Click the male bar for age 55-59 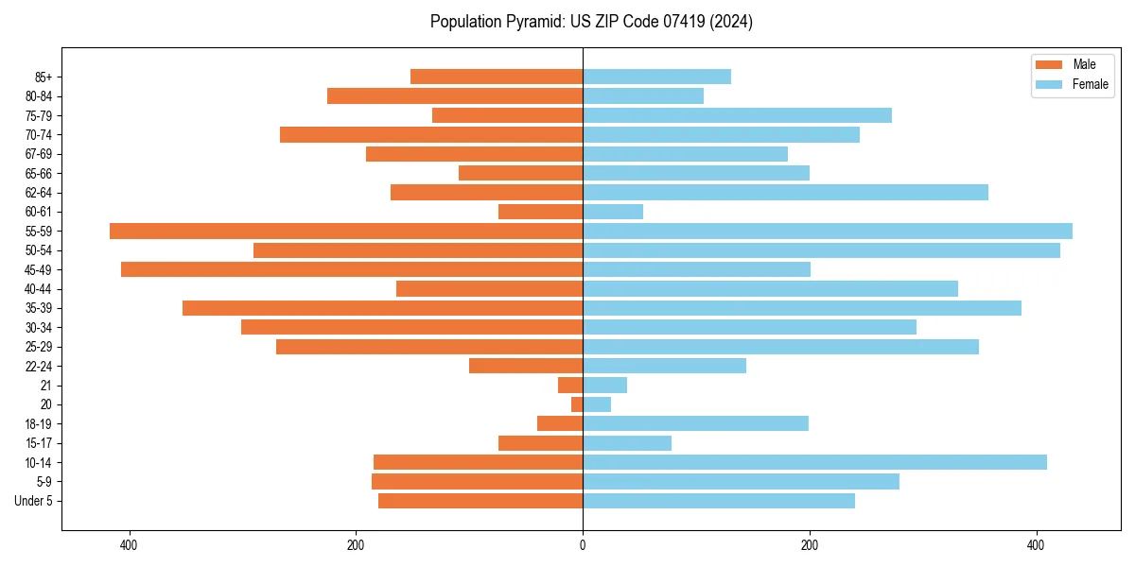pyautogui.click(x=346, y=231)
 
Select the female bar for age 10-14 pyautogui.click(x=814, y=462)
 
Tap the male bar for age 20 pyautogui.click(x=577, y=404)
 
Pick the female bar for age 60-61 pyautogui.click(x=613, y=212)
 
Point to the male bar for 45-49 pyautogui.click(x=352, y=269)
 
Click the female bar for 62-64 pyautogui.click(x=785, y=192)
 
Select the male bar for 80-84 pyautogui.click(x=455, y=95)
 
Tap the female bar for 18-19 pyautogui.click(x=695, y=423)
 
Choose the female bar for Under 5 pyautogui.click(x=719, y=501)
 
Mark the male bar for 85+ pyautogui.click(x=497, y=77)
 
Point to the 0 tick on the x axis pyautogui.click(x=583, y=545)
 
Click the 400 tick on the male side pyautogui.click(x=129, y=545)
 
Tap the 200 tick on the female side pyautogui.click(x=809, y=545)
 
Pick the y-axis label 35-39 pyautogui.click(x=39, y=308)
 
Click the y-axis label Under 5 pyautogui.click(x=34, y=501)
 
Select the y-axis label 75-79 pyautogui.click(x=39, y=115)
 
